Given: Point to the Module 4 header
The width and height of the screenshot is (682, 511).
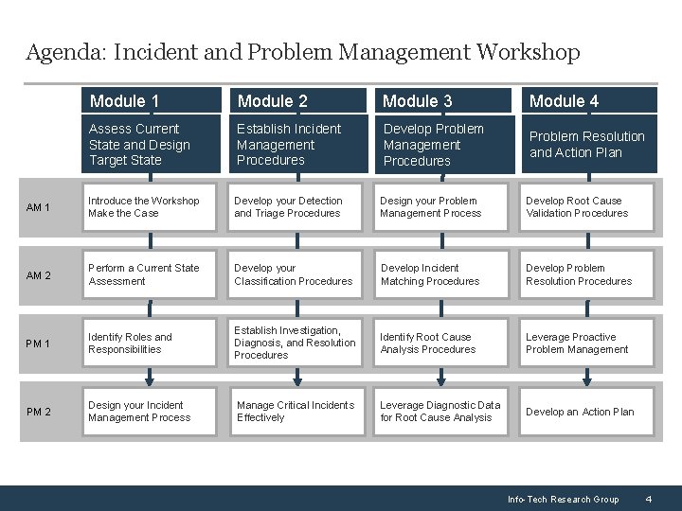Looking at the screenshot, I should (588, 100).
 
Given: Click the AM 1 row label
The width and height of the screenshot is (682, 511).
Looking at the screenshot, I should (39, 207).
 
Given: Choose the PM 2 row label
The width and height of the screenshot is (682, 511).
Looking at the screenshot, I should (39, 412).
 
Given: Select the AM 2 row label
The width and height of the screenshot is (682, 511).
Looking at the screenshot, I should (39, 275).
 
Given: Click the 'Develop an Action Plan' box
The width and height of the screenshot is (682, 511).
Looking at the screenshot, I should (588, 412).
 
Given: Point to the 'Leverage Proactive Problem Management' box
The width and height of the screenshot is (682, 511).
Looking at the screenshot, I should (588, 343).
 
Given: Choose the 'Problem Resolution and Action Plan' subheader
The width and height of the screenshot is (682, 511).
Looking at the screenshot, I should (588, 144).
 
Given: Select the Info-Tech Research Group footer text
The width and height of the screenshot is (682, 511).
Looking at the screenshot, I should (563, 499).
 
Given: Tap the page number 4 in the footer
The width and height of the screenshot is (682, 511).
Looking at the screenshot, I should (648, 499).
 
